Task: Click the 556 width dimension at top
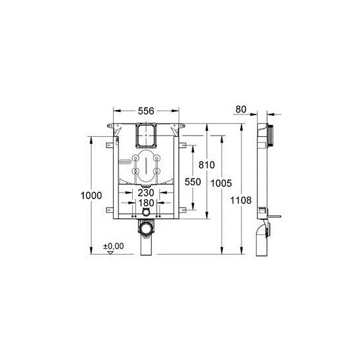click(x=146, y=111)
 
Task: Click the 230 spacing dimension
click(x=145, y=193)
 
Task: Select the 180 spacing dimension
click(x=145, y=204)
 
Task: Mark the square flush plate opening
click(x=145, y=135)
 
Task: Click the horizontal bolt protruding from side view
click(x=275, y=213)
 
